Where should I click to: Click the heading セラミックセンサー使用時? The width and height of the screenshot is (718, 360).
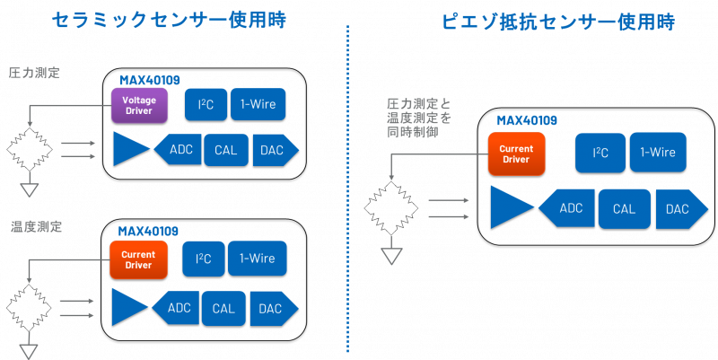point(169,20)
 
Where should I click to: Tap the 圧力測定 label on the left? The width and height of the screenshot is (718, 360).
point(34,73)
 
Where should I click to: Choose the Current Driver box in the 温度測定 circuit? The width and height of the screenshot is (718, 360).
point(138,259)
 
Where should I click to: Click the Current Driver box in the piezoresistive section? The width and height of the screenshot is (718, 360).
point(516,154)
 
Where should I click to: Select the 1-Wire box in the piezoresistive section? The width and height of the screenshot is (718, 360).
point(657,153)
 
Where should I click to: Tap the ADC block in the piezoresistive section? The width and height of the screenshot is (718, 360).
point(567,208)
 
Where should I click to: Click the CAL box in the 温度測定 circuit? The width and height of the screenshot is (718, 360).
point(223,308)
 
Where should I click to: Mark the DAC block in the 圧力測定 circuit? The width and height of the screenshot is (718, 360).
point(274,150)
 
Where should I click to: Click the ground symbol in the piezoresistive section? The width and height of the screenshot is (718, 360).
point(392,255)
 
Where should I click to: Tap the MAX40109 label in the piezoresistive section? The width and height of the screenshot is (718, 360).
point(527,120)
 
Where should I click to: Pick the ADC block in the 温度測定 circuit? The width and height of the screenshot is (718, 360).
point(177,308)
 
